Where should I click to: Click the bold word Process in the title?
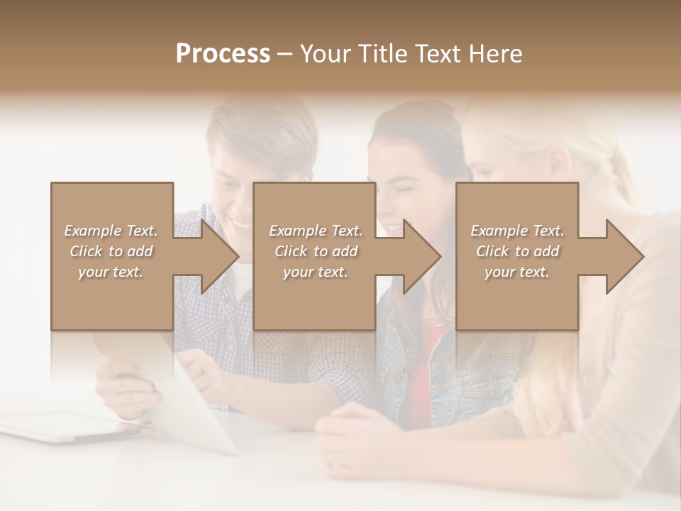click(223, 54)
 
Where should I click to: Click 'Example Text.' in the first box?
click(111, 231)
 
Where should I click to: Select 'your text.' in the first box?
click(111, 272)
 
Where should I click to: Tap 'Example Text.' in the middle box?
click(316, 231)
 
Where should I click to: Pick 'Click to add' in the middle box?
click(316, 251)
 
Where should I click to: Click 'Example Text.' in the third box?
click(517, 231)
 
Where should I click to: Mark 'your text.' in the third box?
click(517, 272)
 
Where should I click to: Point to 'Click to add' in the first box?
click(111, 251)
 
